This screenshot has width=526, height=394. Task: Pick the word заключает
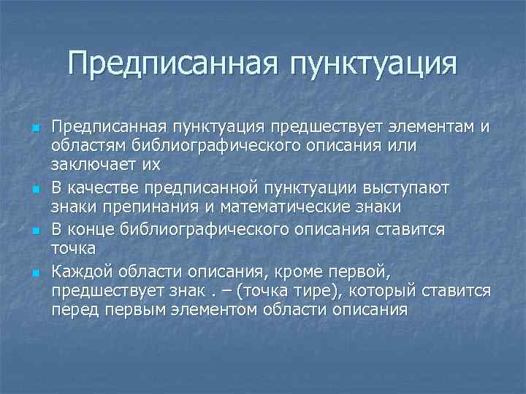click(93, 166)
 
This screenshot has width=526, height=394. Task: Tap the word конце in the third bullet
click(91, 231)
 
